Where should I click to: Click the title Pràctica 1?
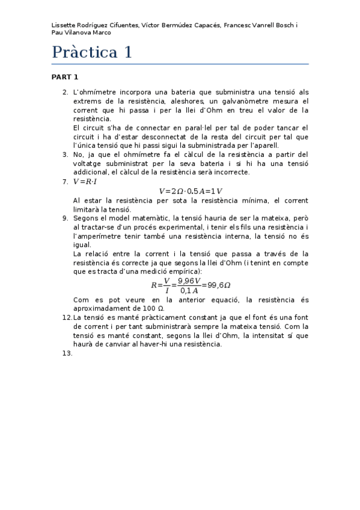pos(91,52)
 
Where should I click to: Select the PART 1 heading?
pos(65,77)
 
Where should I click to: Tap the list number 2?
pos(66,93)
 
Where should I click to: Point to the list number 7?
pos(66,181)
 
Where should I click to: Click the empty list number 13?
pos(67,353)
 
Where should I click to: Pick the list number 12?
pos(67,317)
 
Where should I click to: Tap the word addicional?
pos(93,172)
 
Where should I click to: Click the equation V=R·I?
pos(85,181)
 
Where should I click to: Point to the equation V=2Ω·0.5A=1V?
pos(191,191)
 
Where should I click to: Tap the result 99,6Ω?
pos(219,285)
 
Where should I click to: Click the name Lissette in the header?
pos(64,25)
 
